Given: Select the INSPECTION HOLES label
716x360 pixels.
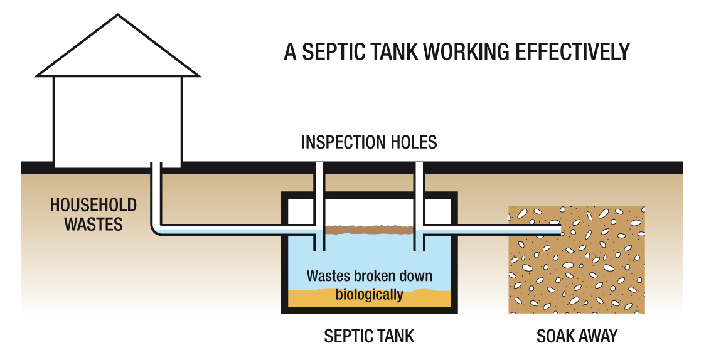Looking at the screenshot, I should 369,142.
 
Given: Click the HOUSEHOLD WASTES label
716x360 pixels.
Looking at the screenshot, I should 94,214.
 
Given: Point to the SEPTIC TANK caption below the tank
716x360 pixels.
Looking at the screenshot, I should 369,336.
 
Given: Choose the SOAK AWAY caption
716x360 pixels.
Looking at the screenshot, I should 577,336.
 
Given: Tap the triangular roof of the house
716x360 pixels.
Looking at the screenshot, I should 117,50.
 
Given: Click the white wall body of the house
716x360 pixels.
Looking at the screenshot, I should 117,119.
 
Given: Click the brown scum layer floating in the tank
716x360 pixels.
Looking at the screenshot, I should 369,230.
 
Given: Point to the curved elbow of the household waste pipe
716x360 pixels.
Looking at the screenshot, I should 157,230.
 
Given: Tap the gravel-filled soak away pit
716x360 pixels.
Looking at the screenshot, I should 577,276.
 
